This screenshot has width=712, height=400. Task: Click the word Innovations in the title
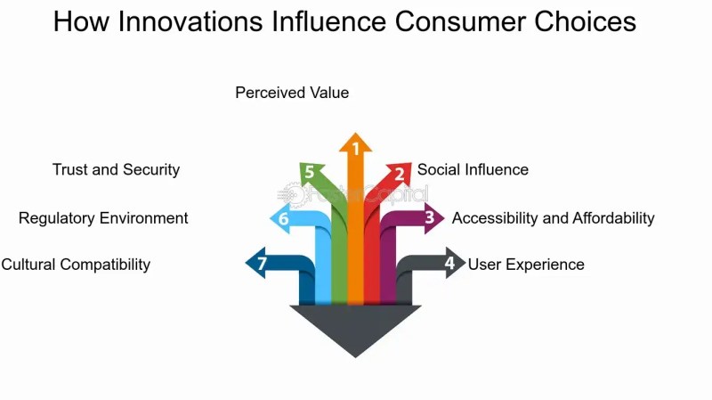190,21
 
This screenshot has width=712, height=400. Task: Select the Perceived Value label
292,93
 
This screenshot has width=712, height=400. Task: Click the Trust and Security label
116,169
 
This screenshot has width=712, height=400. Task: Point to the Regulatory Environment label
103,218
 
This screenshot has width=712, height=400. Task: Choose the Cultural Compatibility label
76,265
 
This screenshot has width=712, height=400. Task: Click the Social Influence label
473,169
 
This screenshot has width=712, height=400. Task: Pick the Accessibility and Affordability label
553,218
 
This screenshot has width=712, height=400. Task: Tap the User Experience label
526,265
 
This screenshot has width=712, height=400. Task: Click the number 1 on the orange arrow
356,149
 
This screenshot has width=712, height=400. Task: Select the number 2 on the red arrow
399,174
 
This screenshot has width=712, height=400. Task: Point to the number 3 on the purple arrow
430,217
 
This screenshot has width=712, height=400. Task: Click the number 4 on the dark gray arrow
449,263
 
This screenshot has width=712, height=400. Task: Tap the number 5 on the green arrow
309,172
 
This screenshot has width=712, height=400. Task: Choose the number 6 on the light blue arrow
283,219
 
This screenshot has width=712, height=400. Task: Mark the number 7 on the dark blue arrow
262,264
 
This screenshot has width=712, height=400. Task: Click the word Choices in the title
585,21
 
